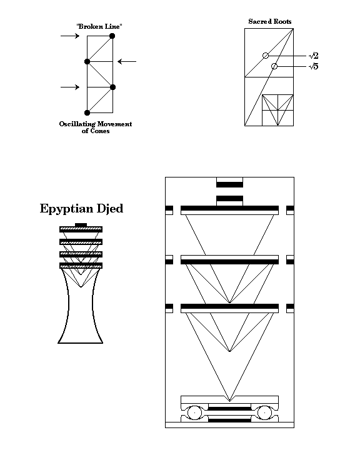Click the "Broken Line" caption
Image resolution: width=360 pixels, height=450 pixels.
click(99, 26)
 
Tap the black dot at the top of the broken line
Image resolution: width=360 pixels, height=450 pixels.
click(112, 36)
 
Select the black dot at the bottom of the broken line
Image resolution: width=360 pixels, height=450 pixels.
click(87, 112)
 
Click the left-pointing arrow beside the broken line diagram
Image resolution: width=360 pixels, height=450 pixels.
click(127, 61)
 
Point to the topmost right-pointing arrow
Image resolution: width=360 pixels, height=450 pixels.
click(70, 36)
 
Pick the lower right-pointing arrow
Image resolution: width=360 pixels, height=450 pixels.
click(70, 87)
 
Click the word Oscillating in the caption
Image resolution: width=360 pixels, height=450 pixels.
click(77, 124)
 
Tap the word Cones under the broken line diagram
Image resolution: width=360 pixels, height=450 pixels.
click(99, 131)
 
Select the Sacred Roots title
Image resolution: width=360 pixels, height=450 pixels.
click(270, 21)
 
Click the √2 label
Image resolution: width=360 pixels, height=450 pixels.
click(314, 56)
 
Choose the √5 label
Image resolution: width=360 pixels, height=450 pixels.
click(314, 67)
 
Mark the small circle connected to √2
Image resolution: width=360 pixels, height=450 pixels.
click(266, 56)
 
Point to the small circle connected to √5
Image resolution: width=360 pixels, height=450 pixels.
click(274, 66)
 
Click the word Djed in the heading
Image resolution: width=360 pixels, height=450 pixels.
click(110, 208)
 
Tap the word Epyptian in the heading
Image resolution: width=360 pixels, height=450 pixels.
click(67, 209)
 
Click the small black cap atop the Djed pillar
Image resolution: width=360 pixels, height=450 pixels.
click(81, 225)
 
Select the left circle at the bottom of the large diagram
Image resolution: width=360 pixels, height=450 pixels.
click(195, 413)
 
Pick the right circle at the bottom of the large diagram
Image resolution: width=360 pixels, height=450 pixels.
click(264, 413)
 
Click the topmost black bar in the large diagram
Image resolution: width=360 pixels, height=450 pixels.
click(229, 184)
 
